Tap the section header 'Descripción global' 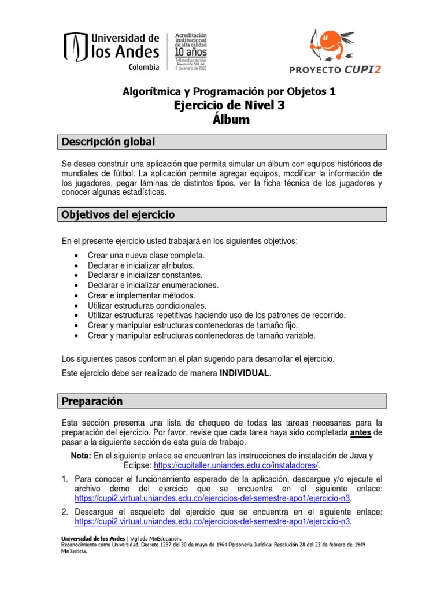click(108, 142)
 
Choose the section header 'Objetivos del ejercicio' click(118, 214)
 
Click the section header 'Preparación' click(92, 401)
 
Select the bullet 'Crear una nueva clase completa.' click(146, 255)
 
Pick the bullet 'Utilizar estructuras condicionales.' click(147, 305)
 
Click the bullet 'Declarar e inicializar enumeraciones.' click(153, 285)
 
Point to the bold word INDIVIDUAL click(244, 373)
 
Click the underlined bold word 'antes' click(361, 432)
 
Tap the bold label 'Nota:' click(81, 455)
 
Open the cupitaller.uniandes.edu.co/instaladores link click(235, 465)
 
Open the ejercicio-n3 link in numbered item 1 click(213, 499)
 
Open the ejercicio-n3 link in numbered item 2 click(213, 522)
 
